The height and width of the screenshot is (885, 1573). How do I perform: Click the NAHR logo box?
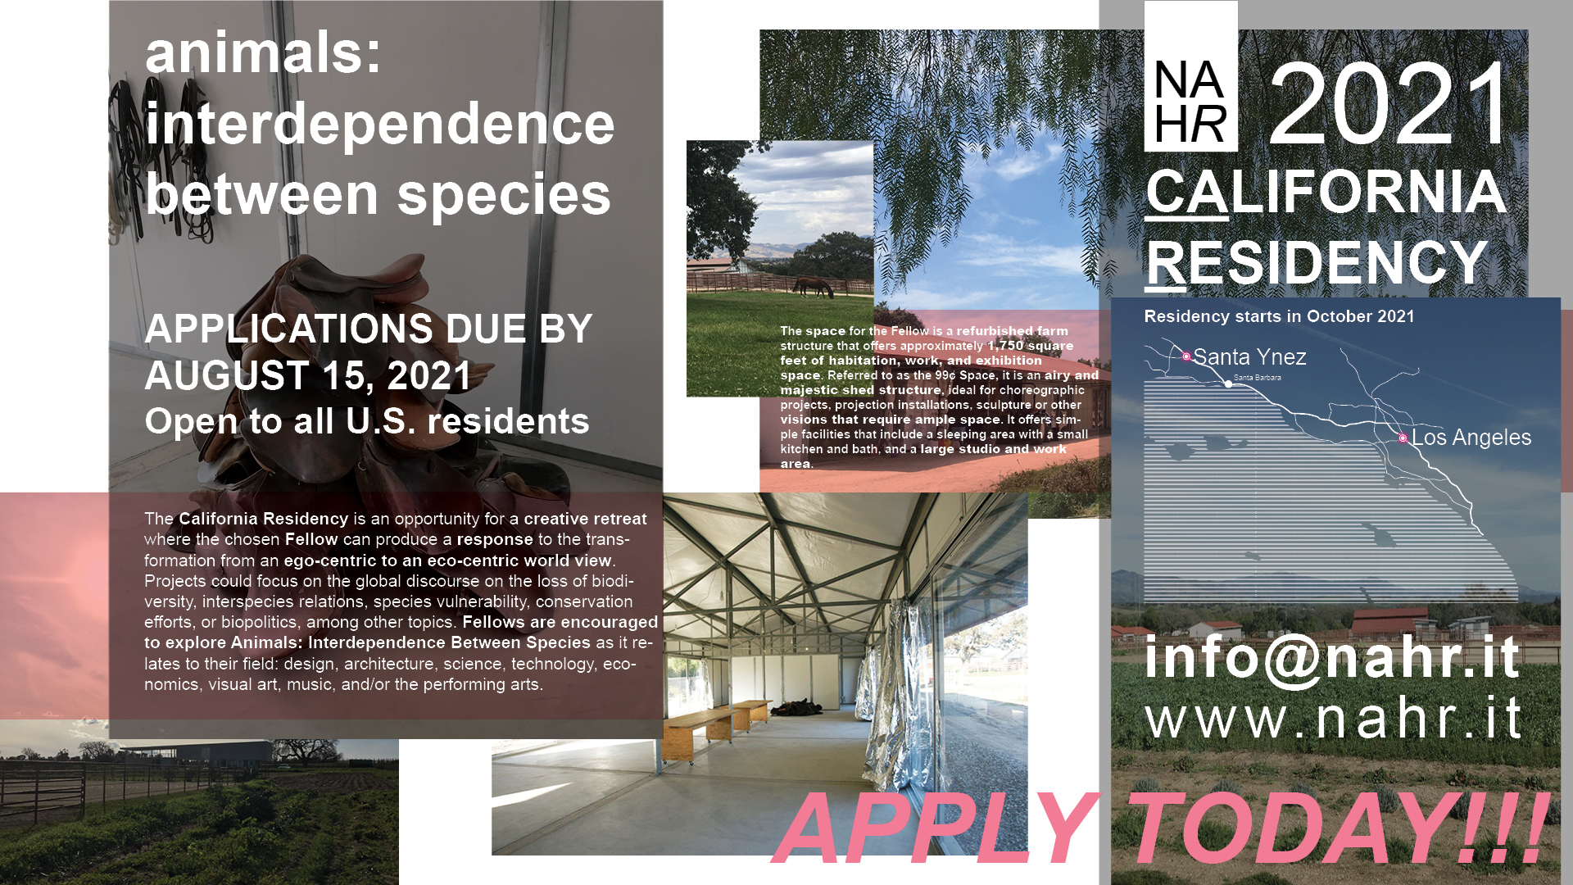[1190, 76]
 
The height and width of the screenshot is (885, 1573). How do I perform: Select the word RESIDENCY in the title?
[1317, 263]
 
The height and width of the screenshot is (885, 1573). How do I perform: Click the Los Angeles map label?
[1471, 438]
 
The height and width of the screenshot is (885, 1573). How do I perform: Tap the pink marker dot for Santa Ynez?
[1186, 356]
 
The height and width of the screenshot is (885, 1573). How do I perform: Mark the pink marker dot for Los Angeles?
[1403, 438]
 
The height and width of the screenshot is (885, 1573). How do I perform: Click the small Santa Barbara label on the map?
[1257, 378]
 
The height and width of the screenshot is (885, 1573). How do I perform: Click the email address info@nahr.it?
[1332, 657]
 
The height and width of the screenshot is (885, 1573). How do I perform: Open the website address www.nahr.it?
[1334, 719]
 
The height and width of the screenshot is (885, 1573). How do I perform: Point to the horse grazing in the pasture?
[812, 287]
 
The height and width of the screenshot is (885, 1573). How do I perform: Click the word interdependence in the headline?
[380, 124]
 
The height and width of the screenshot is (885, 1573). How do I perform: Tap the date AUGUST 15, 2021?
[308, 375]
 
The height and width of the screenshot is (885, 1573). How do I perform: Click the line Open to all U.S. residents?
[367, 421]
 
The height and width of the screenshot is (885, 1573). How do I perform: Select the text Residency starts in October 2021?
[1279, 316]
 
